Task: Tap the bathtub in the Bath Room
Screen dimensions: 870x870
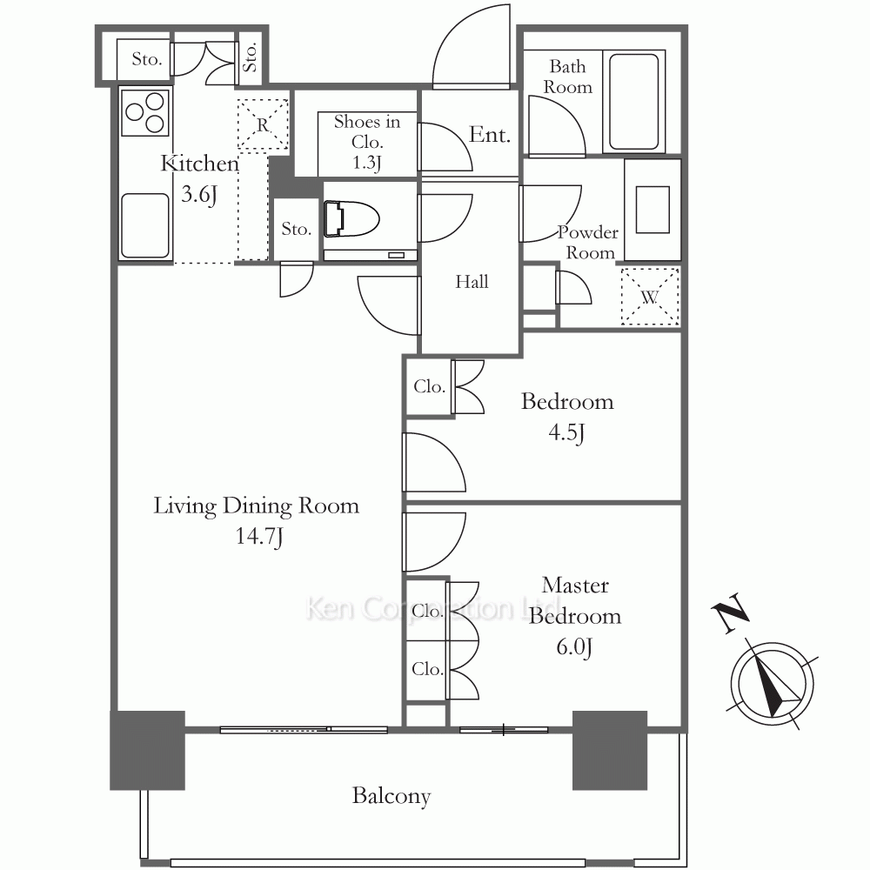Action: (x=633, y=102)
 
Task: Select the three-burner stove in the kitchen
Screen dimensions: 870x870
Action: (x=145, y=112)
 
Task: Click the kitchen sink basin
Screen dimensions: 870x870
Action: (x=144, y=225)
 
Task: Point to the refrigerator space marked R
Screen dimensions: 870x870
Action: (x=263, y=124)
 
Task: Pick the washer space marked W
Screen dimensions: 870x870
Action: (x=650, y=297)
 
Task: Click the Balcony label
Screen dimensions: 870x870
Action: (x=391, y=796)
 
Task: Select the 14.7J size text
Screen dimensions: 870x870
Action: (x=259, y=537)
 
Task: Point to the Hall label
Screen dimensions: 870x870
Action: (x=472, y=282)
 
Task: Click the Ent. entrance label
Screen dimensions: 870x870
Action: (x=489, y=135)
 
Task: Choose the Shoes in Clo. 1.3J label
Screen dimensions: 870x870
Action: (x=367, y=142)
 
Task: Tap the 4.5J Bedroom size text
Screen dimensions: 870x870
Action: (x=566, y=432)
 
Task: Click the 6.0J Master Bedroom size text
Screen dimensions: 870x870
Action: (x=574, y=647)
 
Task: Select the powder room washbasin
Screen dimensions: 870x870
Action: (x=652, y=210)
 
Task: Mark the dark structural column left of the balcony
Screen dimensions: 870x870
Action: (x=148, y=750)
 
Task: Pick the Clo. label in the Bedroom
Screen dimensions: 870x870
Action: (x=430, y=387)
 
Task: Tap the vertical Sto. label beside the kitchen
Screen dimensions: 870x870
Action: (x=251, y=57)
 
